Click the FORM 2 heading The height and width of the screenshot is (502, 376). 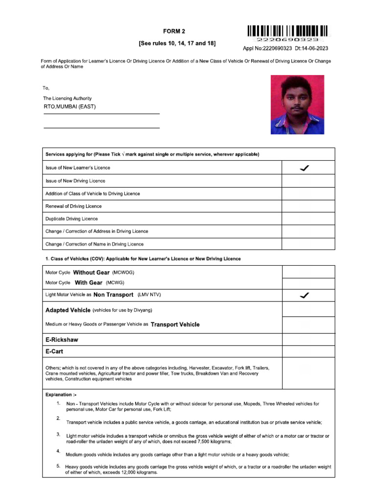coord(177,31)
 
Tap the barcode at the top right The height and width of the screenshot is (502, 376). coord(288,31)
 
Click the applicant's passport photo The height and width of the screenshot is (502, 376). coord(297,104)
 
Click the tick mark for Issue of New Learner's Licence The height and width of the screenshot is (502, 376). coord(304,168)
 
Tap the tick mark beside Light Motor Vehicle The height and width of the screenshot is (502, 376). coord(304,295)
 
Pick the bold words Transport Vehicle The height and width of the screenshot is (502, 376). coord(175,325)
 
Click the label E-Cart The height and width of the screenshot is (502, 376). coord(54,351)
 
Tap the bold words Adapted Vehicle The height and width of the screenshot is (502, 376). coord(68,310)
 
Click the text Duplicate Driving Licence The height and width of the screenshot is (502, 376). coord(71,219)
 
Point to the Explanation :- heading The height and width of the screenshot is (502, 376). coord(61,395)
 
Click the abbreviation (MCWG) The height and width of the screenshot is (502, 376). coord(115,283)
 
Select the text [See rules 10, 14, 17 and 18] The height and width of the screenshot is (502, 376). coord(177,44)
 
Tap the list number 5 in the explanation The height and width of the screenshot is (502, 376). coord(58,466)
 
